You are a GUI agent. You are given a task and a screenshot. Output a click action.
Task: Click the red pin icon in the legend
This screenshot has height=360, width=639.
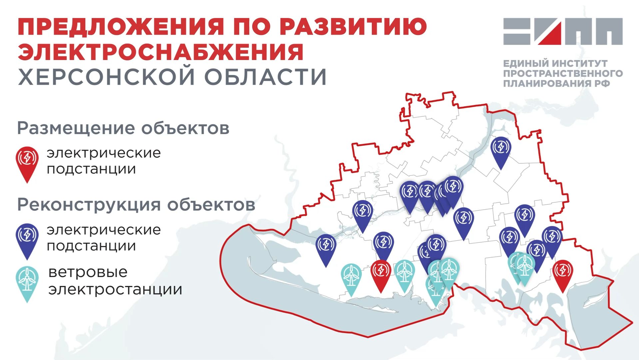(27, 160)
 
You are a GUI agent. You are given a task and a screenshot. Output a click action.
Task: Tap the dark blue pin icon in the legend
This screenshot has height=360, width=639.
(27, 237)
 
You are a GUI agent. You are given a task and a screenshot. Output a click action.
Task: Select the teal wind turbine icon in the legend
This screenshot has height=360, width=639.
(27, 280)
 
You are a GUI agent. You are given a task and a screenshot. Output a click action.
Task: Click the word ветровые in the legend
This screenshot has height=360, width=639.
(88, 272)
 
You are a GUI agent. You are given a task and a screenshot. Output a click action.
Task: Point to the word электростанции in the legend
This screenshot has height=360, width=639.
(115, 289)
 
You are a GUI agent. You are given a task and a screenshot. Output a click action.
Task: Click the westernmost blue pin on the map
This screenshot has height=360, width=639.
(326, 246)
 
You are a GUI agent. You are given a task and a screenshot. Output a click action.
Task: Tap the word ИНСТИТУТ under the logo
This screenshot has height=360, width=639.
(579, 63)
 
